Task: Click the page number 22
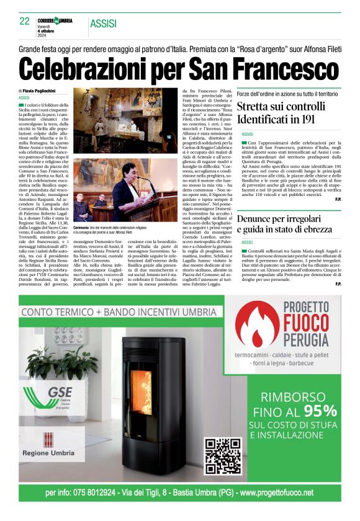(x=25, y=22)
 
